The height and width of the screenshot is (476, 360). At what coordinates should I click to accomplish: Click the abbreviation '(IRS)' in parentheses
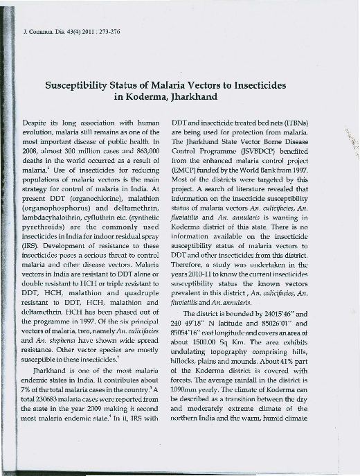coord(33,263)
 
